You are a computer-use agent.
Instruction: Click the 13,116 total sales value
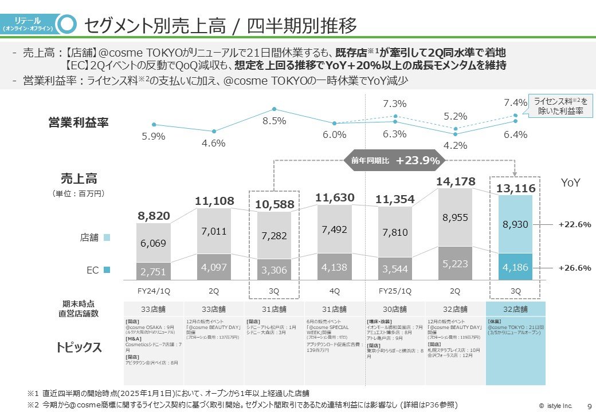coord(515,188)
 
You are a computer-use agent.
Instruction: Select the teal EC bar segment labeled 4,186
coord(515,267)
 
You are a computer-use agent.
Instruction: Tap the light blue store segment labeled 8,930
coord(515,224)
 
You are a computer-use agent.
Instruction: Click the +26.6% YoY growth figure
coord(574,267)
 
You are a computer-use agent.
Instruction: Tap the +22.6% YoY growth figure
coord(574,224)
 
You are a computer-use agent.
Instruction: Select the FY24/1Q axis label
coord(154,291)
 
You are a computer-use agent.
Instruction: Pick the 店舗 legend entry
coord(95,236)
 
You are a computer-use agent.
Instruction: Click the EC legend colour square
coord(107,269)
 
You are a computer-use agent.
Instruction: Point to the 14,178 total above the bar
coord(456,181)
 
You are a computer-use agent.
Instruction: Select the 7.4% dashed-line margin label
coord(515,102)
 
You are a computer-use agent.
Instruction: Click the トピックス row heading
coord(79,347)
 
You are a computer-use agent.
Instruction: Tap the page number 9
coord(590,406)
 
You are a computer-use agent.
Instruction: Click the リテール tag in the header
coord(28,23)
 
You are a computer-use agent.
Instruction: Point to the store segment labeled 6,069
coord(154,243)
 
